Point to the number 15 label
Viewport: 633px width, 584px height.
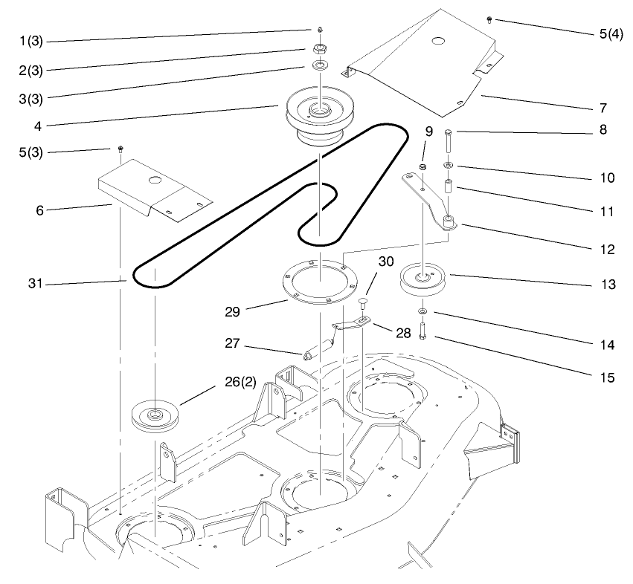click(x=607, y=377)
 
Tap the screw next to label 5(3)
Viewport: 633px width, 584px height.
click(x=120, y=151)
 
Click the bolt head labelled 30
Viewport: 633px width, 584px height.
click(x=362, y=302)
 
